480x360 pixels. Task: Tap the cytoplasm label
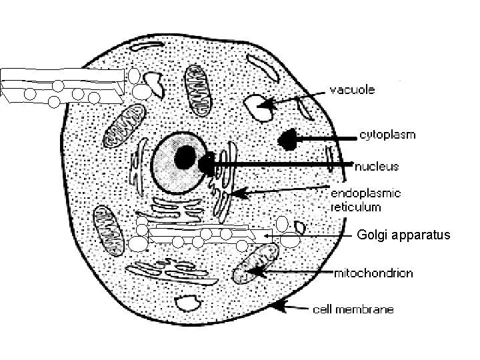tap(387, 134)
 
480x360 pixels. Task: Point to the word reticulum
tap(356, 207)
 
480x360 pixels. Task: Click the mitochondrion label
tap(373, 273)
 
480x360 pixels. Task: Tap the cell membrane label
tap(353, 309)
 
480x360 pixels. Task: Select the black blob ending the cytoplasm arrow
tap(289, 139)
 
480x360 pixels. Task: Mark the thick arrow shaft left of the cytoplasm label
tap(327, 139)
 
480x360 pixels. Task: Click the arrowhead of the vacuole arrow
tap(267, 103)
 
